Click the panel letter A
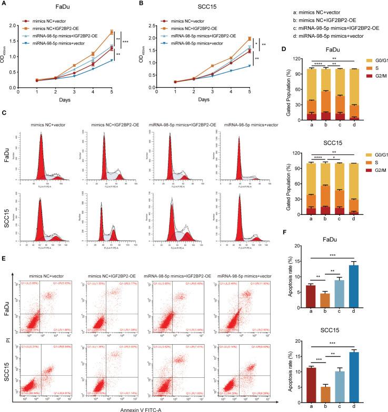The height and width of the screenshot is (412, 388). tap(4, 5)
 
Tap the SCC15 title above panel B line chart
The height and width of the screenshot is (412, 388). tap(194, 5)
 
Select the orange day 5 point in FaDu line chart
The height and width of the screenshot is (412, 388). tap(111, 33)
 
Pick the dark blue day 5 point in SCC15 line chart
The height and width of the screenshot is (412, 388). tap(250, 66)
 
